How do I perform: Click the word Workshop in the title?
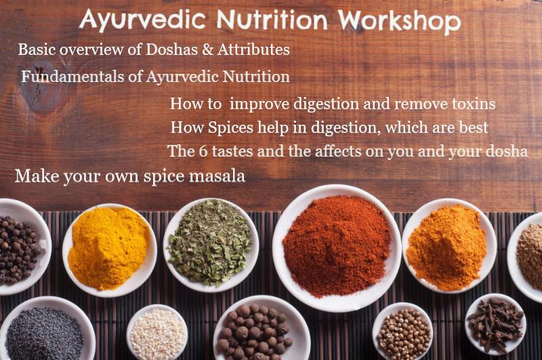(399, 22)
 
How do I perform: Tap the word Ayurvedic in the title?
(142, 20)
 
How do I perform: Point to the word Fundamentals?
(72, 77)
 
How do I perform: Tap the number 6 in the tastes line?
(203, 151)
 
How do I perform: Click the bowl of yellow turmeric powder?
(110, 250)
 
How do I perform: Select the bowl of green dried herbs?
(211, 245)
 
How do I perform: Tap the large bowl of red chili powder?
(337, 248)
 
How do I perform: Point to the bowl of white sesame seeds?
(157, 333)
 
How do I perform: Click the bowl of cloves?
(496, 324)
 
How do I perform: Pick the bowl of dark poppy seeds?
(45, 330)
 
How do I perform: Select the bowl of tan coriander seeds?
(402, 332)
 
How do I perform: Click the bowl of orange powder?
(449, 246)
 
